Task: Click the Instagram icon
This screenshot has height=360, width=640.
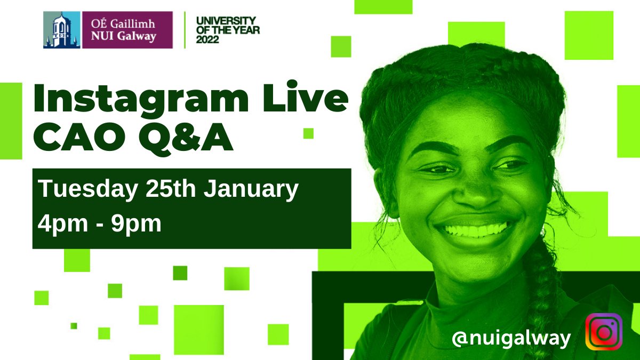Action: [604, 332]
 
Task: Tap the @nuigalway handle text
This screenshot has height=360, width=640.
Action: [511, 338]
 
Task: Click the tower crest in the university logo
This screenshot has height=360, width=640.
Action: [61, 30]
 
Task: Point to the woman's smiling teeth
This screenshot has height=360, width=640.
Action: [474, 230]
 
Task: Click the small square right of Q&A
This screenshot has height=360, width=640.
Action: [308, 133]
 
